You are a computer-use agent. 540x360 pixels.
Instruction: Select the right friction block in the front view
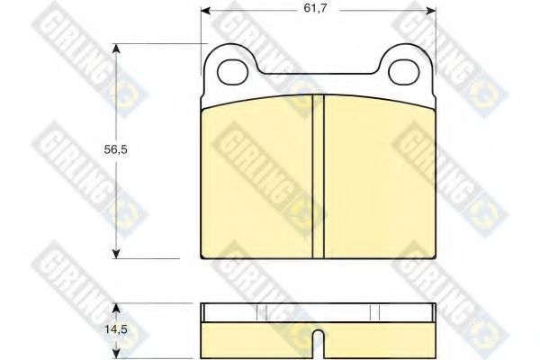[378, 175]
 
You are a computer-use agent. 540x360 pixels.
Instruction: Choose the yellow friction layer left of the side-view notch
[256, 335]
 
